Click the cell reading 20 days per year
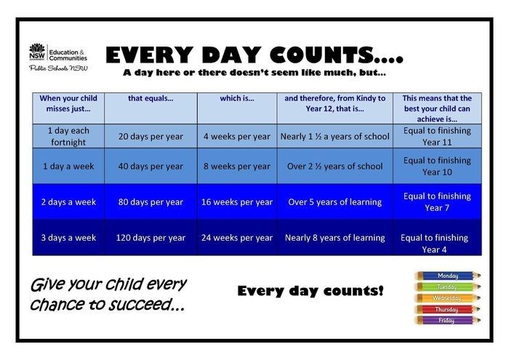pyautogui.click(x=151, y=136)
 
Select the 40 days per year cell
pyautogui.click(x=151, y=166)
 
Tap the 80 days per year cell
pyautogui.click(x=151, y=201)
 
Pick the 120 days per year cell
pyautogui.click(x=151, y=237)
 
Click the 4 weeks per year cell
pyautogui.click(x=236, y=136)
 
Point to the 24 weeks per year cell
pyautogui.click(x=236, y=237)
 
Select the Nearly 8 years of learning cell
pyautogui.click(x=334, y=237)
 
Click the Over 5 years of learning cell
pyautogui.click(x=334, y=201)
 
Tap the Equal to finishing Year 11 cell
pyautogui.click(x=436, y=136)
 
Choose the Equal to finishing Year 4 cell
pyautogui.click(x=436, y=243)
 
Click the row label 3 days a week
pyautogui.click(x=68, y=237)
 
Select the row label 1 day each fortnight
pyautogui.click(x=68, y=136)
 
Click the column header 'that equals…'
pyautogui.click(x=151, y=98)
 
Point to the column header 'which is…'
pyautogui.click(x=236, y=98)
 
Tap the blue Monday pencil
pyautogui.click(x=446, y=276)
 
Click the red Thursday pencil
pyautogui.click(x=446, y=309)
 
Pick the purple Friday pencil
pyautogui.click(x=446, y=320)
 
